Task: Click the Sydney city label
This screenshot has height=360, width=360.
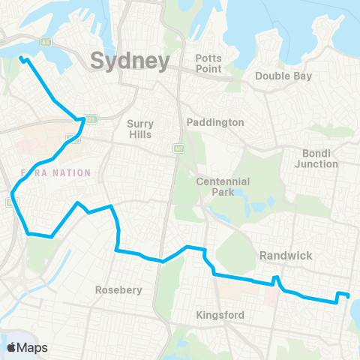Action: click(x=129, y=60)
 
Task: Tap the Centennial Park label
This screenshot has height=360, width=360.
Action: click(x=216, y=187)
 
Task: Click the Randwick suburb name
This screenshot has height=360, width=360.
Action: click(x=285, y=256)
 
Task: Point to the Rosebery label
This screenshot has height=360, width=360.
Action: click(x=114, y=289)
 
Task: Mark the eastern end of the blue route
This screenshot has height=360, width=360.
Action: click(x=349, y=295)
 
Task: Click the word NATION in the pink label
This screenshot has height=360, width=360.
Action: click(x=72, y=172)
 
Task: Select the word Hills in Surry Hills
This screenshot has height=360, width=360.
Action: click(x=139, y=135)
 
